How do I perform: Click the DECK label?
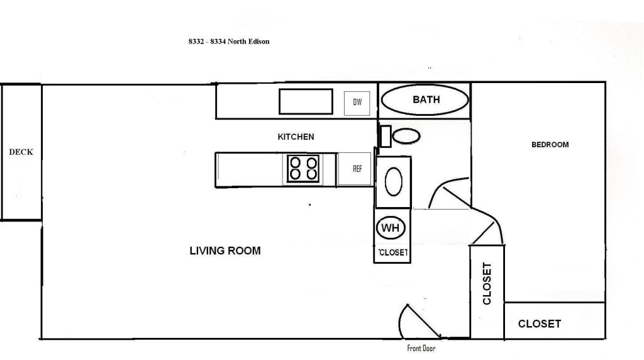21,152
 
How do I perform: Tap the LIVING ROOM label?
225,250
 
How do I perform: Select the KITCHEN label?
296,137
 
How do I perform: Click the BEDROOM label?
550,145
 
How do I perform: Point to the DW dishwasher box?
357,103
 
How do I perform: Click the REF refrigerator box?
355,169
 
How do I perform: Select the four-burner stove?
303,169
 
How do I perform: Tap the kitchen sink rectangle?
306,101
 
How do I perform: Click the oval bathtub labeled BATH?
425,100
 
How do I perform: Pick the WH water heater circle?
390,228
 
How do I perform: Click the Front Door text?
421,349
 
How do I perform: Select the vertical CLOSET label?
487,284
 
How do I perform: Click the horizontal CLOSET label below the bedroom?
539,324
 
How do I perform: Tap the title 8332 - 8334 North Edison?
229,42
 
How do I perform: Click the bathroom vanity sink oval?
394,181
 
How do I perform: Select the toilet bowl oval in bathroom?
406,136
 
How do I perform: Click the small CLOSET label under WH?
393,252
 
